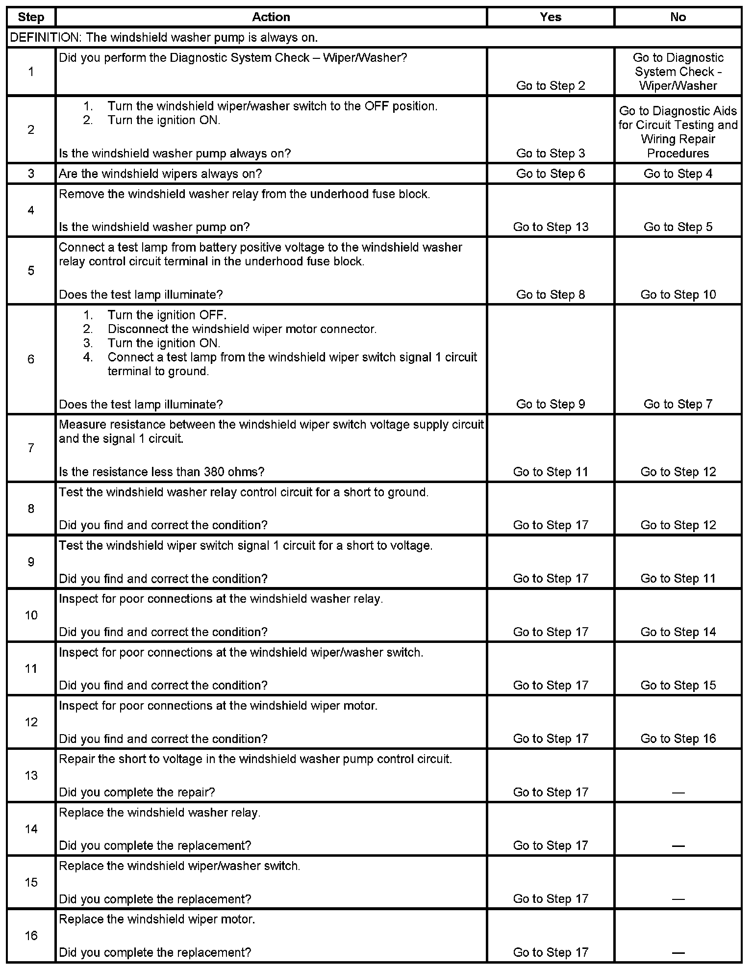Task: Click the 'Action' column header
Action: pos(271,17)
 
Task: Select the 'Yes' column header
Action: pos(551,17)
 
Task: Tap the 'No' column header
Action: pos(678,17)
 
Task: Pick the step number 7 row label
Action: pos(31,448)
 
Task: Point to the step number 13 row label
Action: pos(31,775)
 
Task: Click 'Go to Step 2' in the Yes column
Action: pos(551,86)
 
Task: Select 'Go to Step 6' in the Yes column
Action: pos(551,174)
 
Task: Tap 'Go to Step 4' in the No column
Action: pos(678,174)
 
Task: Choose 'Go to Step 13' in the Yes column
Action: pos(551,227)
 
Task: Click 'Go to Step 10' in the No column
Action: pos(678,295)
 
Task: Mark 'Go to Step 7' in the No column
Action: pos(678,404)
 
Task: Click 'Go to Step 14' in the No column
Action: pos(678,632)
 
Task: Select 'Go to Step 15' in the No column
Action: pos(678,686)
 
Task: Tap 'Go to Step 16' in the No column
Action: pos(678,739)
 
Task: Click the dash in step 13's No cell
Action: pos(678,792)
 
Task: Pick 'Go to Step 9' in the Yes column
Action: pos(551,404)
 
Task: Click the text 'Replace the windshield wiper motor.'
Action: pos(157,920)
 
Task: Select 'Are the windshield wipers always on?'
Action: pos(160,174)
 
